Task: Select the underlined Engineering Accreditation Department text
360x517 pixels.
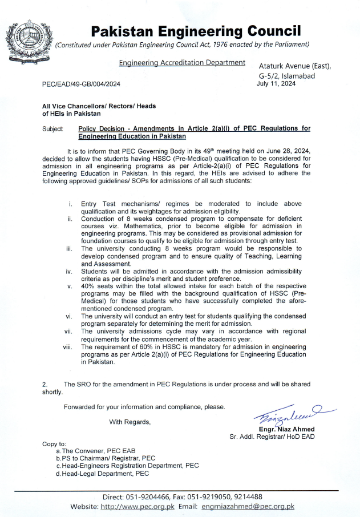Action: tap(182, 62)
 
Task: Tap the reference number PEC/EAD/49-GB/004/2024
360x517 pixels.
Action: tap(82, 84)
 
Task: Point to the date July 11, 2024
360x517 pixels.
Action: tap(277, 83)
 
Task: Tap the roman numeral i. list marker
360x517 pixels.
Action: tap(70, 204)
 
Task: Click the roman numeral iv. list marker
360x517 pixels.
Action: tap(68, 271)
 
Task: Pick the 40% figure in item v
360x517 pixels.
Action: tap(89, 286)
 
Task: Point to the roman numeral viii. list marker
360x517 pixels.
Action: tap(67, 346)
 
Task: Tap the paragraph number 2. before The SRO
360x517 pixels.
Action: tap(45, 385)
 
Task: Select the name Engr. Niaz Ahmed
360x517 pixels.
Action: tap(286, 429)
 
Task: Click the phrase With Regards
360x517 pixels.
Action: tap(130, 422)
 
